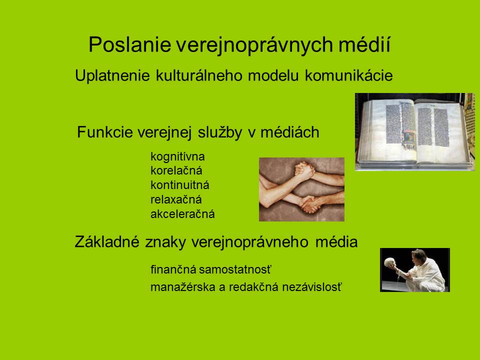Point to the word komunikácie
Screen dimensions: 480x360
348,75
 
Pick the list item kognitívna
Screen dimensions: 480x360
177,156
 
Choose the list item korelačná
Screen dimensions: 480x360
176,170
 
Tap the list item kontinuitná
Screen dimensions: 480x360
180,185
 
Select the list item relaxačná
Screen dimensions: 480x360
176,199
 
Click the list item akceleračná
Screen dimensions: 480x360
182,214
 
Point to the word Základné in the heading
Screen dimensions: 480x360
107,242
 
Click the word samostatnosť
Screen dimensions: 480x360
235,269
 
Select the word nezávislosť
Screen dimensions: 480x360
311,287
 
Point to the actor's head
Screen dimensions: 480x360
419,254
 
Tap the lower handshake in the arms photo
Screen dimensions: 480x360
310,204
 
